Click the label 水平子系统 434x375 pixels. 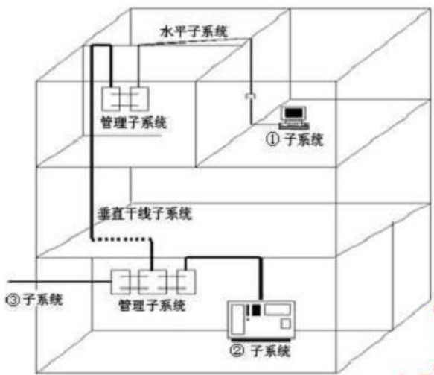click(x=194, y=31)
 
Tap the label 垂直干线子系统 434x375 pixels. click(x=144, y=214)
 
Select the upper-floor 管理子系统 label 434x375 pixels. click(x=134, y=122)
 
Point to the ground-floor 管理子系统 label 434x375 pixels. click(x=152, y=305)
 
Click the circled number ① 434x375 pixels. click(x=272, y=139)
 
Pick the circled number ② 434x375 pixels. click(x=237, y=350)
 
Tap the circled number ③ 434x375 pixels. click(x=13, y=300)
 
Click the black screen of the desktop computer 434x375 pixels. click(x=294, y=113)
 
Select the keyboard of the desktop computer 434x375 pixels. click(x=294, y=127)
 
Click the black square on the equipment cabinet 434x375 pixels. click(x=256, y=310)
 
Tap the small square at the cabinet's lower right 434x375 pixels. click(x=286, y=324)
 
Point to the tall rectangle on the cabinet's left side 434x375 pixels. click(x=237, y=319)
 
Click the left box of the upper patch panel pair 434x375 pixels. click(x=111, y=99)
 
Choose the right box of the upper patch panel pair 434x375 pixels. click(x=140, y=99)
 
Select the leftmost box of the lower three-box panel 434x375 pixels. click(x=121, y=282)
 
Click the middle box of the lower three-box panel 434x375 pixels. click(x=153, y=282)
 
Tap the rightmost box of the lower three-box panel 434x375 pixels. click(x=186, y=282)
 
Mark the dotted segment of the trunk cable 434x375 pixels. click(x=122, y=239)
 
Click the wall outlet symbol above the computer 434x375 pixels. click(x=251, y=96)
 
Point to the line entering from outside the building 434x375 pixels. click(x=60, y=282)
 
